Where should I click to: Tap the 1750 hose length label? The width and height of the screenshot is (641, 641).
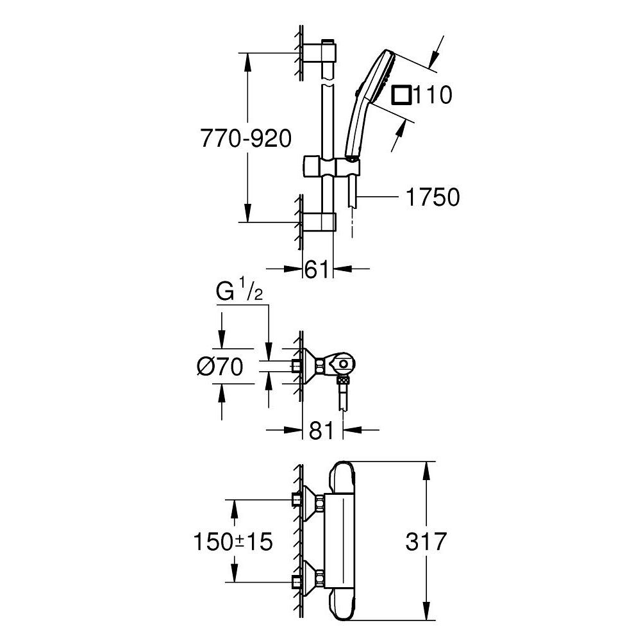tap(432, 198)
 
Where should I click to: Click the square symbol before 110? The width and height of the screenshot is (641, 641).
tap(402, 96)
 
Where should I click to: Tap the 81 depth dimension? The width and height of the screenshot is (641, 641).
tap(322, 430)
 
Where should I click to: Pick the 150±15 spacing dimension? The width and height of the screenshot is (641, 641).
tap(233, 542)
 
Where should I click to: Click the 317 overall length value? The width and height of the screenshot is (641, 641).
tap(425, 542)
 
